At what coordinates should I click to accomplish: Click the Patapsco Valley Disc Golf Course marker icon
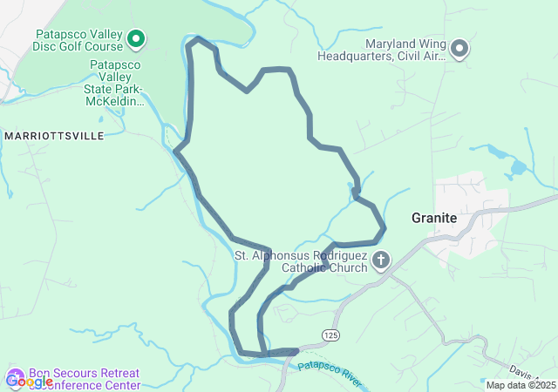[136, 38]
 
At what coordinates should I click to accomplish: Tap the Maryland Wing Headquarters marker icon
[459, 49]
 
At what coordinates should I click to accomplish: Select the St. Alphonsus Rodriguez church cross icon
[381, 260]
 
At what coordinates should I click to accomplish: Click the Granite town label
[434, 218]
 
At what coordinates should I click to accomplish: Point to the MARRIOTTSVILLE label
[54, 136]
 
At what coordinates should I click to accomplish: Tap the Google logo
[29, 381]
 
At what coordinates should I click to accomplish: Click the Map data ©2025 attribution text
[521, 385]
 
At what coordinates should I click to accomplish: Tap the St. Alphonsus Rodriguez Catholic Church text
[301, 261]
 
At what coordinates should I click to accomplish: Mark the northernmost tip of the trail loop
[199, 38]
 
